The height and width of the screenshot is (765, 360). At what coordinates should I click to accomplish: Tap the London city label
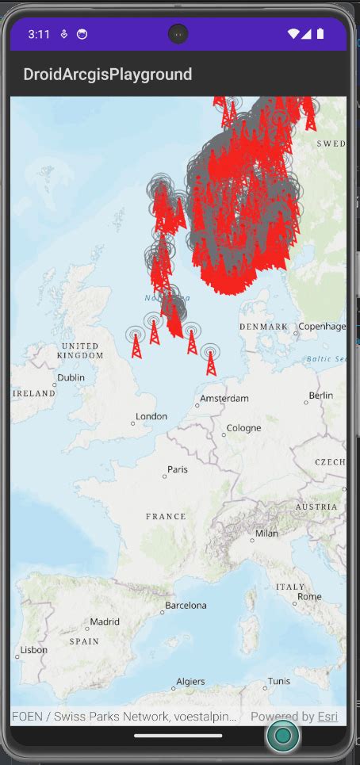(151, 417)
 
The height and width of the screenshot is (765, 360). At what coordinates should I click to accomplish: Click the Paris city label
(178, 469)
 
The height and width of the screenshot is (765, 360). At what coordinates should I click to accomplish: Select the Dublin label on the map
(71, 378)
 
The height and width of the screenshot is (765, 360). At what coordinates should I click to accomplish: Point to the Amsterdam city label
(225, 398)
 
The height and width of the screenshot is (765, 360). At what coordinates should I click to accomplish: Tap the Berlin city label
(321, 396)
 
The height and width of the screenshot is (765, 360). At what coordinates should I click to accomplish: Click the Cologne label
(243, 428)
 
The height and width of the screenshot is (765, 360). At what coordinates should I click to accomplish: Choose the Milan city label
(266, 534)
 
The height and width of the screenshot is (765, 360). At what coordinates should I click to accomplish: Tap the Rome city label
(309, 597)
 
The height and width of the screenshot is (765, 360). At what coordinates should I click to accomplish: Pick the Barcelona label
(186, 606)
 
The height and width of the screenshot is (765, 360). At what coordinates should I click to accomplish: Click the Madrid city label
(105, 622)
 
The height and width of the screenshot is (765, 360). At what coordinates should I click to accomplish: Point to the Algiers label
(190, 682)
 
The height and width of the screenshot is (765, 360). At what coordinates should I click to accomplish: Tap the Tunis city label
(278, 682)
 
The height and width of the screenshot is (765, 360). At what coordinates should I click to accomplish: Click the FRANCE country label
(166, 516)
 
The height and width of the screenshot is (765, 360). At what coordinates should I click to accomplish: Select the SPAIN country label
(85, 641)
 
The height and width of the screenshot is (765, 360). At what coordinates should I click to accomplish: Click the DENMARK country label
(263, 327)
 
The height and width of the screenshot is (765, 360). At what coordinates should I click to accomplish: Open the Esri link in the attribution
(327, 717)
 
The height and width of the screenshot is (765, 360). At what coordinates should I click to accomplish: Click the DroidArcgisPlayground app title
(108, 75)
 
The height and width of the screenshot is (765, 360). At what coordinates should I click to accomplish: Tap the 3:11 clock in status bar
(39, 34)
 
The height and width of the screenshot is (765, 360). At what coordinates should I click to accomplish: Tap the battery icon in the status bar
(320, 34)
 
